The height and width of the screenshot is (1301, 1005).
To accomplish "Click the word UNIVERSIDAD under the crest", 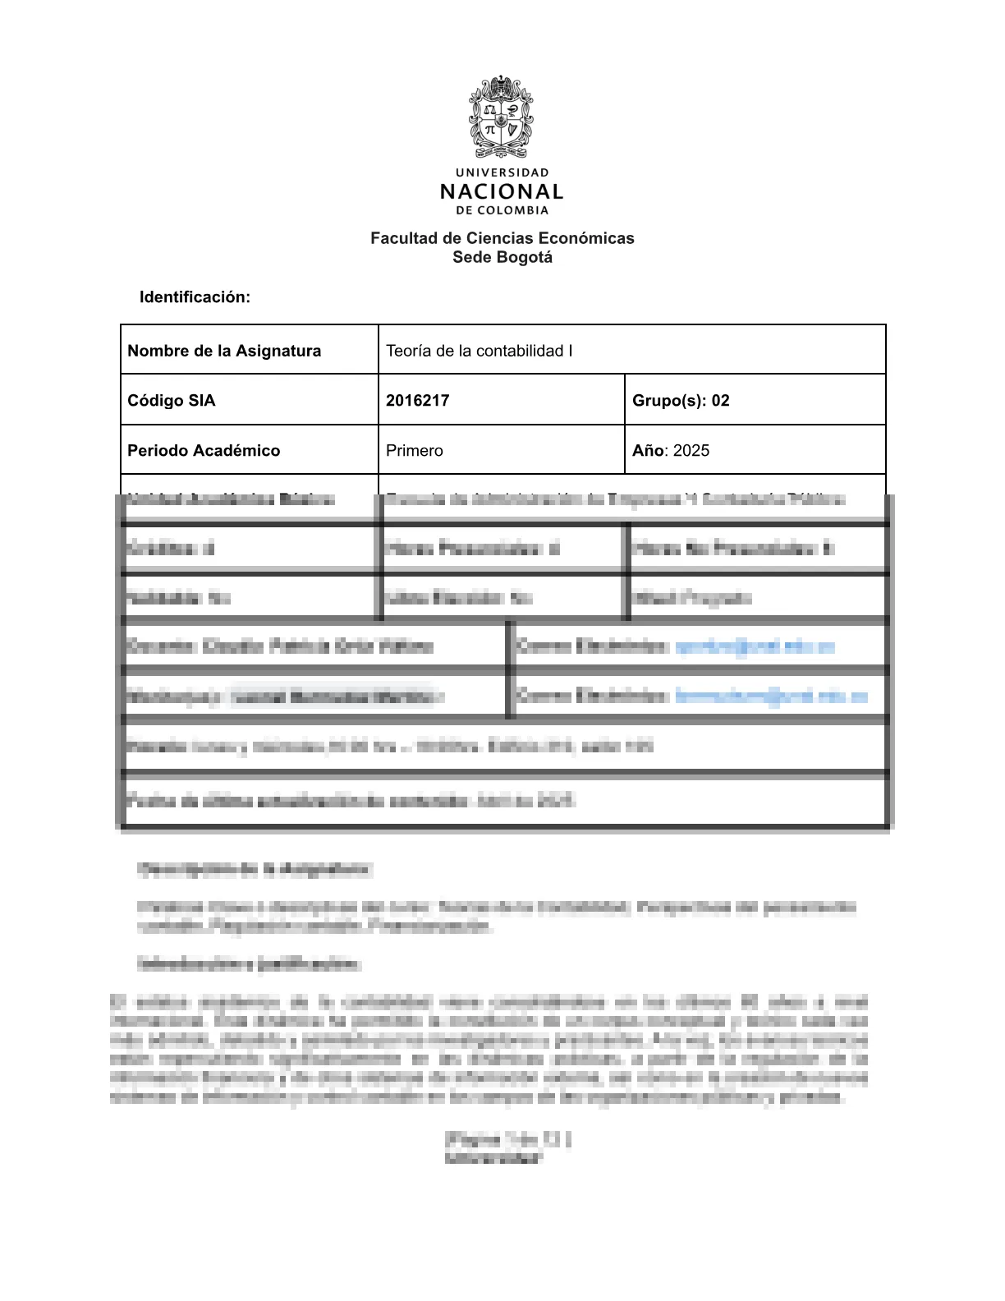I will pos(502,172).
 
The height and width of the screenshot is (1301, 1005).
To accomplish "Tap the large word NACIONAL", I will pos(502,192).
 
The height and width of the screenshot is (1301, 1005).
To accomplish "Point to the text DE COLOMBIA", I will pos(502,210).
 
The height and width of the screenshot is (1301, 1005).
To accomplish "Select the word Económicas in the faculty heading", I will pos(594,238).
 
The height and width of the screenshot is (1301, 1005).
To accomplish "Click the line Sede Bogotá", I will pos(502,257).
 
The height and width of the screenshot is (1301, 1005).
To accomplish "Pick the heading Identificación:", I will pos(195,297).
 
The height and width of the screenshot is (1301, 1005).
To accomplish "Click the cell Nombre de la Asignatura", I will pos(224,351).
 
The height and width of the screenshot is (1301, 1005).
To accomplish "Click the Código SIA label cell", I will pos(172,401).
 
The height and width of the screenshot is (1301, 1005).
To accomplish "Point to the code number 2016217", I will pos(418,401).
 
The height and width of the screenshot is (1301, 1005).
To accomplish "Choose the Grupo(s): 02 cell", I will pos(681,401).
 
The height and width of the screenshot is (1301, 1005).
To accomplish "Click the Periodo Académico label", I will pos(204,451).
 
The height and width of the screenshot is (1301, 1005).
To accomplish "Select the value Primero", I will pos(415,451).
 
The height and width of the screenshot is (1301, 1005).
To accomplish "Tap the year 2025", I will pos(691,451).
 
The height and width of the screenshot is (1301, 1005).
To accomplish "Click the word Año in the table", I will pos(648,451).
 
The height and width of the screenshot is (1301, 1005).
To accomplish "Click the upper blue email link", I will pos(755,646).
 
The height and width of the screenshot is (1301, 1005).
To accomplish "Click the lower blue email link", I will pos(771,696).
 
